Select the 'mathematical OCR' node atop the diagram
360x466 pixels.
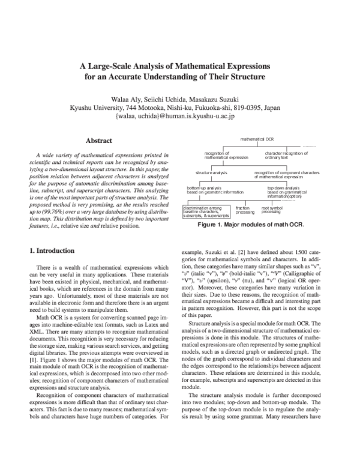tap(257, 139)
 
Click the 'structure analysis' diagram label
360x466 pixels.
tap(211, 173)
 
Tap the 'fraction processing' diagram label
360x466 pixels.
tap(244, 210)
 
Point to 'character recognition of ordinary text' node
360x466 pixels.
tap(286, 156)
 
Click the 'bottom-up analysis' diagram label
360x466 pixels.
tap(207, 190)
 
